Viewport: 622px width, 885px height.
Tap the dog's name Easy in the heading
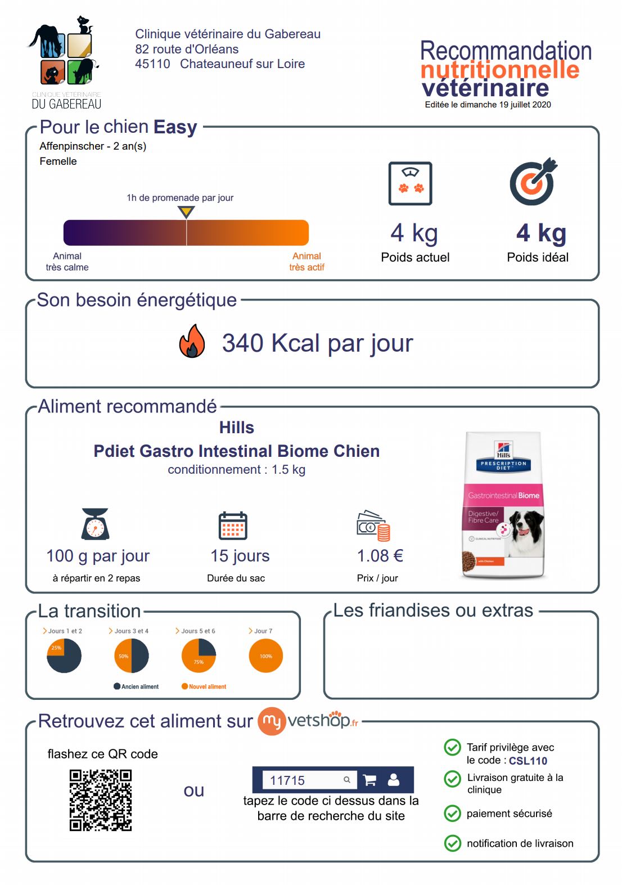point(175,127)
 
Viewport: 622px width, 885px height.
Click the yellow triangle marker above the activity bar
point(186,212)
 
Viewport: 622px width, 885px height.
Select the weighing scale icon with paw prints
point(411,183)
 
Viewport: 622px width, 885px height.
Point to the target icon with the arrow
point(533,182)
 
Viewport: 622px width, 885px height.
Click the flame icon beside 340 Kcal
point(192,342)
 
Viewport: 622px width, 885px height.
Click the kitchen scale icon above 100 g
point(95,524)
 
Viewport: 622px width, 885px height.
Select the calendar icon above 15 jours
point(233,525)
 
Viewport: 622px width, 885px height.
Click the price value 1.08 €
point(380,556)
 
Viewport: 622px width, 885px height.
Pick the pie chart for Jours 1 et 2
point(64,656)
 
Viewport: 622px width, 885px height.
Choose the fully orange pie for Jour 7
point(266,656)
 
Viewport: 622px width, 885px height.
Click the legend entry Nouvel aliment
point(204,686)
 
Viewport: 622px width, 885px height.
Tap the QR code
point(101,800)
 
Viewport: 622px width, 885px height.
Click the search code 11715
point(287,780)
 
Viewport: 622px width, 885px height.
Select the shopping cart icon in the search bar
point(370,780)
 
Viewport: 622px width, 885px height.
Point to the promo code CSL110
point(528,761)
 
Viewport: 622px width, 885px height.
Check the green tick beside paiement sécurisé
point(453,814)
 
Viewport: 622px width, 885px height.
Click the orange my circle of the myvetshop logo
point(272,721)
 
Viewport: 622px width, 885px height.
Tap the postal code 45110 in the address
point(152,64)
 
